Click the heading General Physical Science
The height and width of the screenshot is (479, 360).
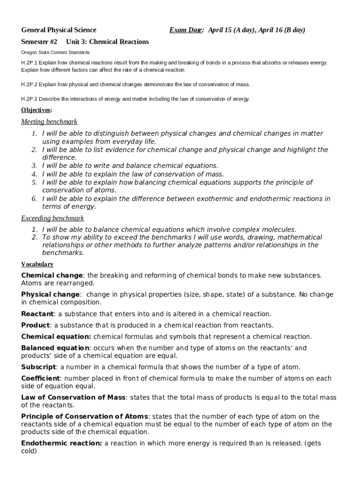pyautogui.click(x=58, y=30)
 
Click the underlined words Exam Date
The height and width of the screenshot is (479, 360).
pyautogui.click(x=186, y=30)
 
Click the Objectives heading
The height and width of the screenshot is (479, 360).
pyautogui.click(x=36, y=110)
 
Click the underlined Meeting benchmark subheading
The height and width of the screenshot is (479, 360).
pyautogui.click(x=49, y=122)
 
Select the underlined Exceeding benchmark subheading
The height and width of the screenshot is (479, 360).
pyautogui.click(x=52, y=218)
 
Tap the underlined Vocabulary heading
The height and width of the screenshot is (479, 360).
pyautogui.click(x=37, y=264)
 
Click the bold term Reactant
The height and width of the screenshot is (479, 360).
pyautogui.click(x=38, y=314)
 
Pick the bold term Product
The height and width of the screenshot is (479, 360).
pyautogui.click(x=36, y=325)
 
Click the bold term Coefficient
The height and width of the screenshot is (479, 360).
pyautogui.click(x=41, y=378)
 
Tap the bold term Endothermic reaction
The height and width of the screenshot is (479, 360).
pyautogui.click(x=61, y=443)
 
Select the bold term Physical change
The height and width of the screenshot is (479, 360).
pyautogui.click(x=50, y=294)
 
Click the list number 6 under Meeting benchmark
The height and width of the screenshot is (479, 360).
pyautogui.click(x=35, y=199)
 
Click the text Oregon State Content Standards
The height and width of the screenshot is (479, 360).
pyautogui.click(x=55, y=52)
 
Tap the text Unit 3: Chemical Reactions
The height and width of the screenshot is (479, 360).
pyautogui.click(x=108, y=42)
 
